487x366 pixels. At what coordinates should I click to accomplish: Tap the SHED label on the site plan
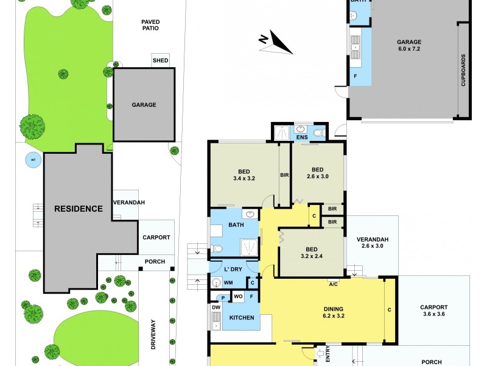pos(160,60)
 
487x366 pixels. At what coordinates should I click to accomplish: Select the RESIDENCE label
pos(79,209)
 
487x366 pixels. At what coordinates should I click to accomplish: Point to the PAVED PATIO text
pos(150,24)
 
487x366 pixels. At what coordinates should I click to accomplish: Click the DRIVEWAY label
pos(153,334)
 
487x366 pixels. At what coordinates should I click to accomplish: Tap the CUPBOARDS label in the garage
pos(463,72)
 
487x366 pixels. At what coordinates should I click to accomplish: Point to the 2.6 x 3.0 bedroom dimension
pos(317,176)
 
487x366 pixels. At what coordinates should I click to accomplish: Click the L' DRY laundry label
pos(234,269)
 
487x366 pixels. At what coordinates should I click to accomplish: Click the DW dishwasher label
pos(216,307)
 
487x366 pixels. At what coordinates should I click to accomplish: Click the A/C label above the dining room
pos(333,284)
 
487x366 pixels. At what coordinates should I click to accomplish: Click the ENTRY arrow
pos(321,354)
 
